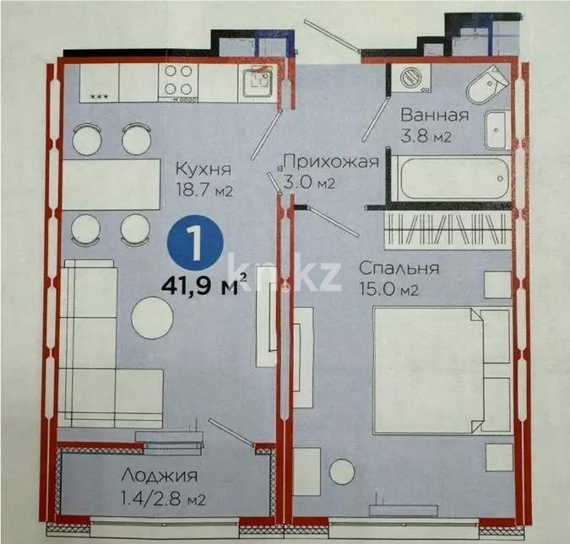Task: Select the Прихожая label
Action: (329, 163)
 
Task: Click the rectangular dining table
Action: (111, 184)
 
